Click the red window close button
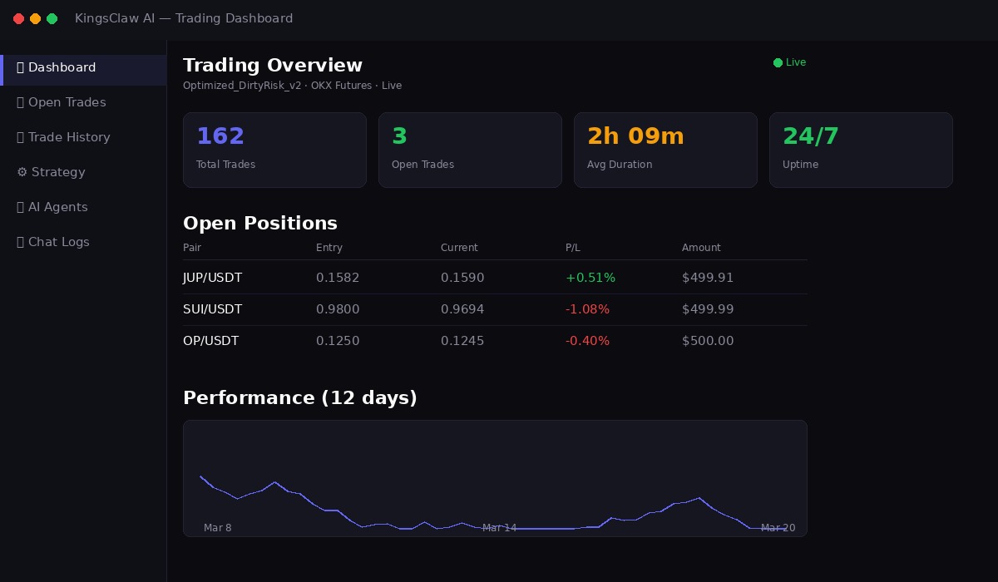click(x=18, y=18)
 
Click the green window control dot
click(x=52, y=18)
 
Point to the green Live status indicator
click(x=789, y=62)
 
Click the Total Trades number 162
click(x=220, y=136)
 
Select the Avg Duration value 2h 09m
click(x=635, y=136)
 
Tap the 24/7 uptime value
click(x=811, y=136)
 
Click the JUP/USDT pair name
click(x=213, y=278)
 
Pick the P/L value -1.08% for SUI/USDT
click(x=587, y=309)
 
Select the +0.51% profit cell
click(x=590, y=278)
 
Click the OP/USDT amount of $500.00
click(x=708, y=341)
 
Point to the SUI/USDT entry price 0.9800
click(x=338, y=309)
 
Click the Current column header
click(x=459, y=248)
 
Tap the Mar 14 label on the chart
click(x=499, y=528)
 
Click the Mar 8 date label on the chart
click(x=218, y=528)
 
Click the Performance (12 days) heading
click(x=300, y=397)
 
